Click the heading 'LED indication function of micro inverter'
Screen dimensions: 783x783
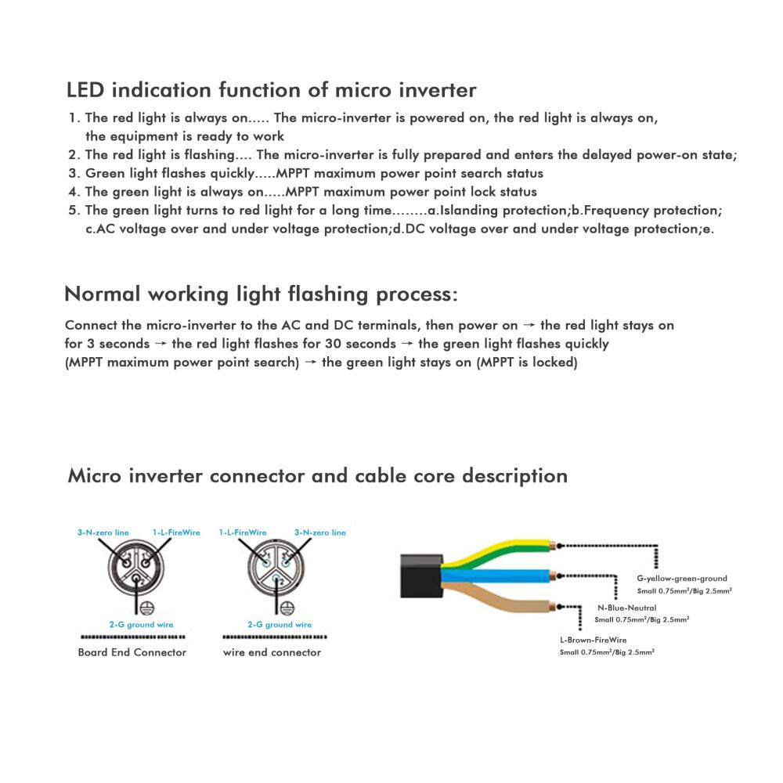(271, 90)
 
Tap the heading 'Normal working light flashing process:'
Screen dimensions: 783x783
(262, 294)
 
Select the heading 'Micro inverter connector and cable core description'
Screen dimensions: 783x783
(318, 476)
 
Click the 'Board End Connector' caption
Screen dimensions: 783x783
(132, 652)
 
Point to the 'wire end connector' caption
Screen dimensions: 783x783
(272, 652)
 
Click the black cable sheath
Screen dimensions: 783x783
(421, 576)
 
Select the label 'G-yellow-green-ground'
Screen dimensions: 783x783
(682, 579)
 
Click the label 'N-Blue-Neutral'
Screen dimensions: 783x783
(626, 608)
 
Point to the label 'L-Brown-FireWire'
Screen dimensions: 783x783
(594, 640)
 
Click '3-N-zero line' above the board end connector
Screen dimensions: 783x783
(103, 532)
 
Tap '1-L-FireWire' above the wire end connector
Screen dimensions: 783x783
(243, 532)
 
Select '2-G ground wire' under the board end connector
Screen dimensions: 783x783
(141, 624)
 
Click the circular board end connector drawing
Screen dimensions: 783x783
(135, 568)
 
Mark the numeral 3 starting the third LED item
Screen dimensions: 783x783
(73, 173)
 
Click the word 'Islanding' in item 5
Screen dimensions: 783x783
(467, 211)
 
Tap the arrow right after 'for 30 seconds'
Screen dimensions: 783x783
(407, 344)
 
